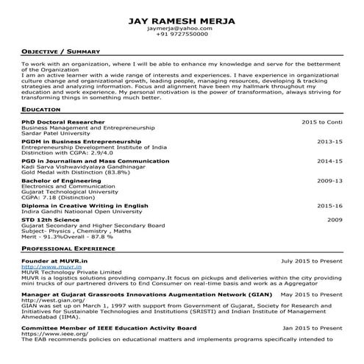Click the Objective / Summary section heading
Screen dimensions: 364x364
(x=61, y=52)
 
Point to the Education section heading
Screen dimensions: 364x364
(x=41, y=109)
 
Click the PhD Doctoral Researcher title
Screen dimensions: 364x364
(x=63, y=121)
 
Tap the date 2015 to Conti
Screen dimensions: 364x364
(x=322, y=121)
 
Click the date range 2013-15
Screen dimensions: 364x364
(x=329, y=140)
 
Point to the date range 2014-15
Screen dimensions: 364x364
(x=329, y=160)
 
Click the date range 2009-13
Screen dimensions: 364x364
(x=329, y=180)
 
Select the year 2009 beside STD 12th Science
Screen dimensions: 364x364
(x=335, y=220)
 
